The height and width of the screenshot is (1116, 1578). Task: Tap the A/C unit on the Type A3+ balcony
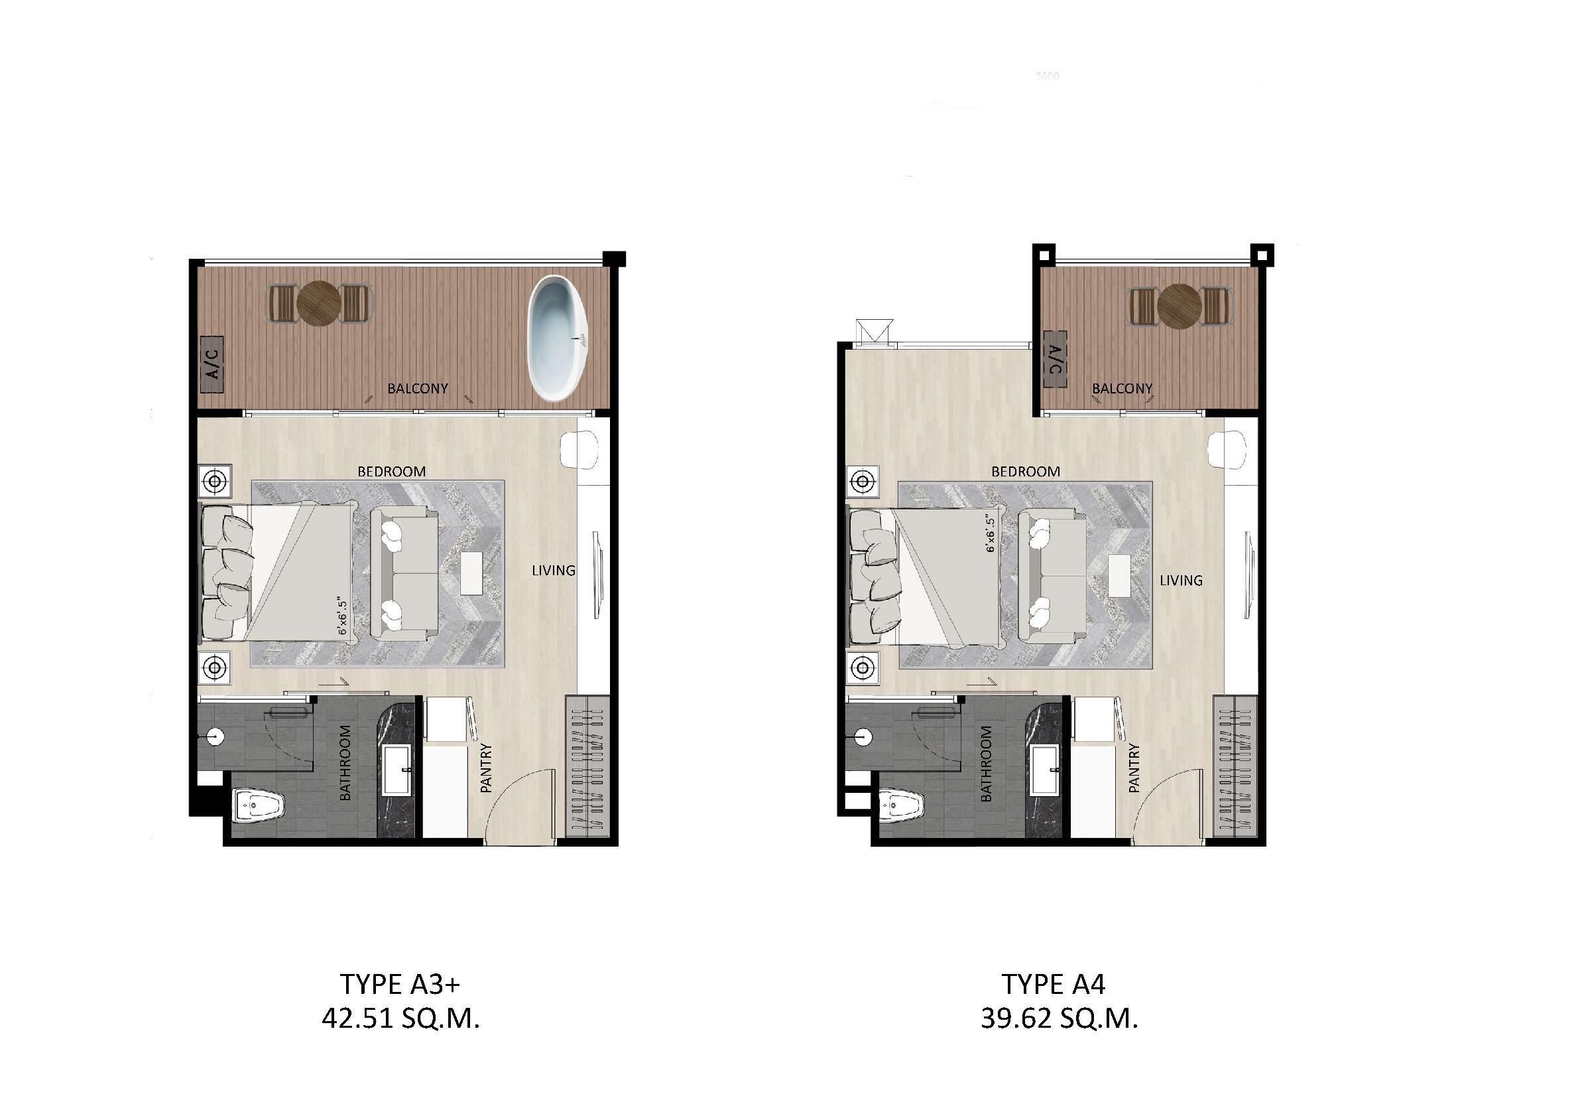tap(212, 364)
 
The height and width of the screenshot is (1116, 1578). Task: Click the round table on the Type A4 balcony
tap(1179, 306)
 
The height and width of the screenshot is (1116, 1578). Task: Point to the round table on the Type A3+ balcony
tap(319, 303)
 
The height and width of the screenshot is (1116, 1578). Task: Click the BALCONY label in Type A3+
tap(417, 389)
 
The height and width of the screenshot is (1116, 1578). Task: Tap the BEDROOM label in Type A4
tap(1026, 472)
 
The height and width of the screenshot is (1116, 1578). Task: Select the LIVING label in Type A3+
tap(553, 570)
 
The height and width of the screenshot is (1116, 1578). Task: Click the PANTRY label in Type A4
tap(1133, 768)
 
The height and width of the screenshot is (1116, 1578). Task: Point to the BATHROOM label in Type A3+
tap(345, 762)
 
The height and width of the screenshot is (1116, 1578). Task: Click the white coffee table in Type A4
tap(1120, 575)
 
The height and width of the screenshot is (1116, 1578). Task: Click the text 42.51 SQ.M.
tap(400, 1018)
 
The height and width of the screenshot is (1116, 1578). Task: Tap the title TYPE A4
tap(1054, 985)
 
